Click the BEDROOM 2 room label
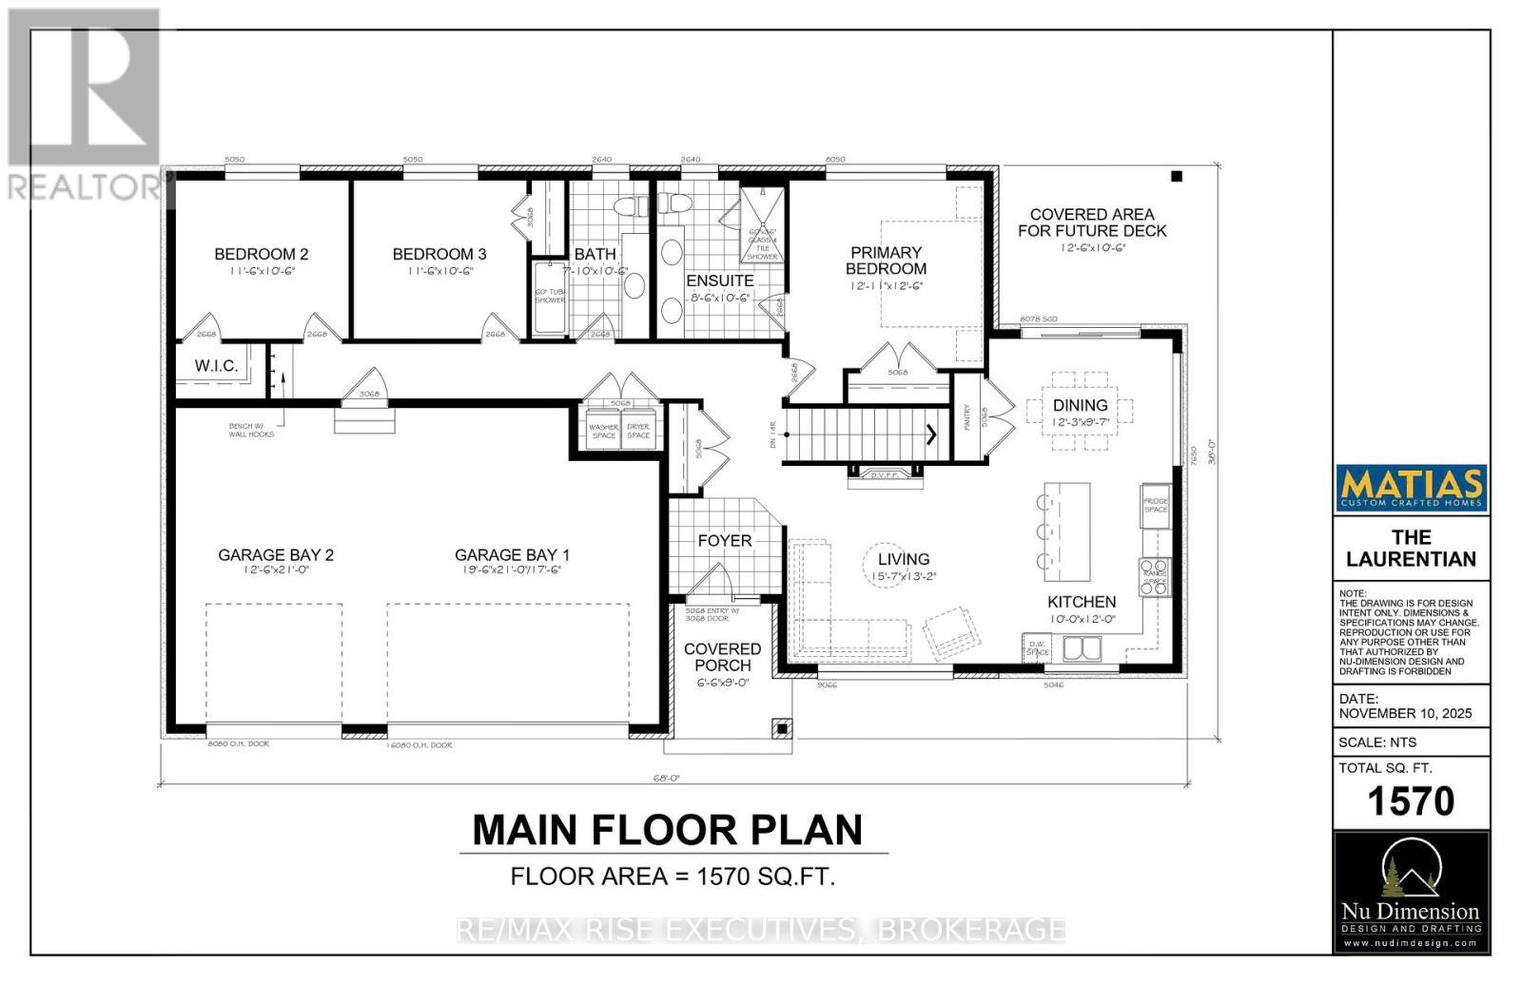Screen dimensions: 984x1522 click(x=261, y=254)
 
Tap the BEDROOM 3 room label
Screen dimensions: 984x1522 click(x=439, y=254)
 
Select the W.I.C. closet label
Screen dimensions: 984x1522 click(x=216, y=366)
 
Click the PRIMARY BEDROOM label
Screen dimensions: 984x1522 click(x=886, y=260)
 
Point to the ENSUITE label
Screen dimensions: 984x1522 click(x=719, y=280)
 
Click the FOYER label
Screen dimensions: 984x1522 click(x=725, y=540)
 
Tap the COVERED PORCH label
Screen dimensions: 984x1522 click(x=722, y=657)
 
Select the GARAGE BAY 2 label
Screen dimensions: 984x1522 click(x=276, y=555)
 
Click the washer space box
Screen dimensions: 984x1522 click(x=603, y=432)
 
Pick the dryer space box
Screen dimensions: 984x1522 click(x=638, y=432)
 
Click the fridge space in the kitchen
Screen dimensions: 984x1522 click(x=1155, y=505)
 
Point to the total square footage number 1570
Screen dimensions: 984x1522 click(x=1411, y=801)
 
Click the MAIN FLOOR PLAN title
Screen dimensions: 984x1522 click(x=668, y=829)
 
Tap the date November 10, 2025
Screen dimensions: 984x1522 click(x=1405, y=713)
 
